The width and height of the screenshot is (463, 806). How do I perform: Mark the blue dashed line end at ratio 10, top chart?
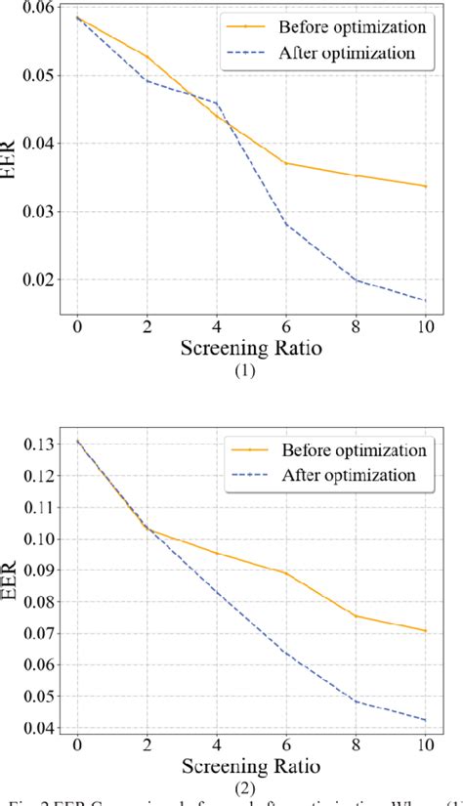(425, 300)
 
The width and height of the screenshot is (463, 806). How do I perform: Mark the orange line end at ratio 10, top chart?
(425, 186)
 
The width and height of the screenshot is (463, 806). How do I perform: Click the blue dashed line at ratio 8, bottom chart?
(355, 700)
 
